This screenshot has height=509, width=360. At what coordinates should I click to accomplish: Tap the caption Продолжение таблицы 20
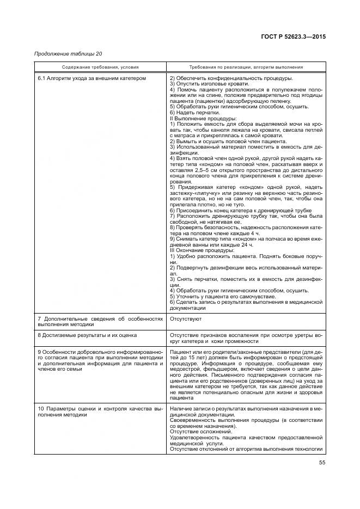point(68,53)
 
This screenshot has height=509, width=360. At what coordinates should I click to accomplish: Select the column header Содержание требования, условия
point(100,67)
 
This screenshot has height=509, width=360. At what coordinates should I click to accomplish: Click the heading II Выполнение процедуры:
point(203,118)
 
